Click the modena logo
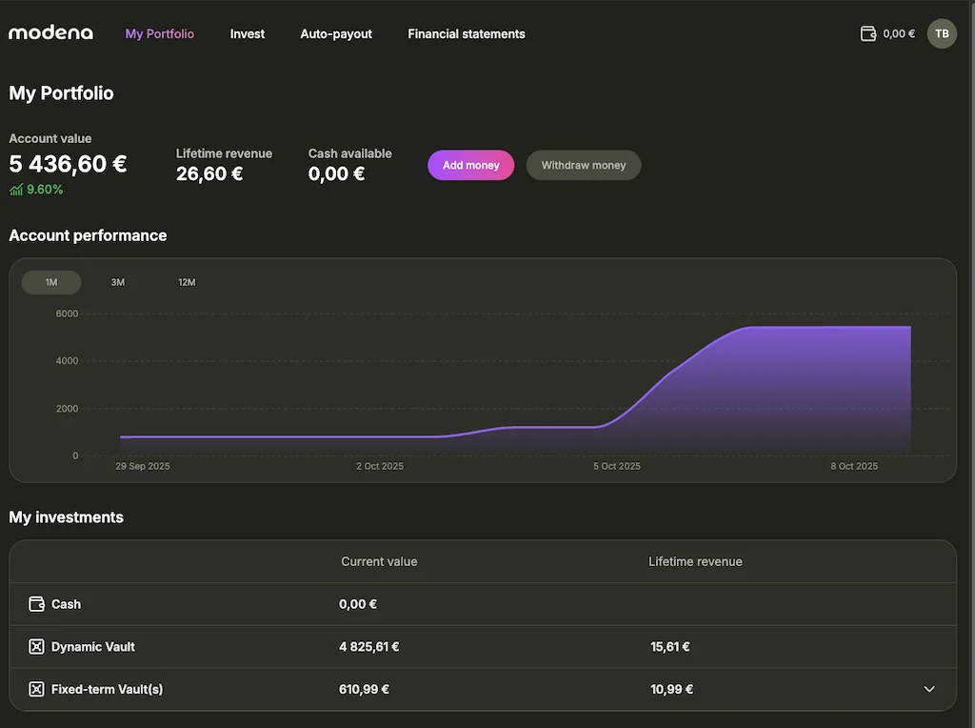point(51,33)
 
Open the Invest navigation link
point(248,34)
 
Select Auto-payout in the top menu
point(336,34)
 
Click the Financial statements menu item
point(467,34)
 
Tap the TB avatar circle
point(942,34)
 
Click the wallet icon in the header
point(867,34)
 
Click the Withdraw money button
point(584,165)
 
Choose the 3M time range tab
point(118,282)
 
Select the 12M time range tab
point(187,282)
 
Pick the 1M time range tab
point(51,282)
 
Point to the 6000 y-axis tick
point(67,313)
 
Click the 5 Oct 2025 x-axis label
point(617,467)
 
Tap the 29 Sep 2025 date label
point(143,467)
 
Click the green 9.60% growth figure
point(45,190)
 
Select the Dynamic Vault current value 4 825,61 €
point(369,647)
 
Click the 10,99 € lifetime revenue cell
point(671,690)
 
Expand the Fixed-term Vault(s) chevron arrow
point(929,689)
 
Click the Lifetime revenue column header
point(695,562)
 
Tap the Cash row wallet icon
point(37,604)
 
